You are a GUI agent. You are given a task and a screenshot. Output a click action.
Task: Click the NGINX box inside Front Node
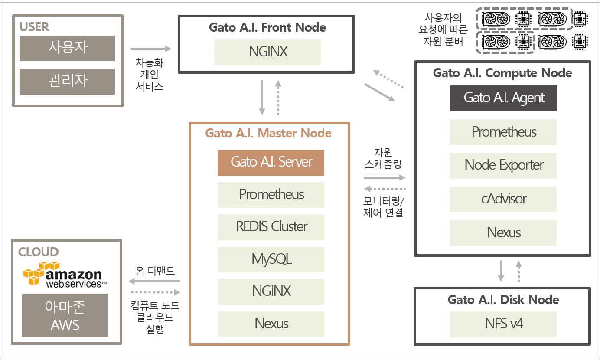(x=267, y=52)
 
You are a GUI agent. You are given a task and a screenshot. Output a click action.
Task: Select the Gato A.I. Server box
(x=271, y=163)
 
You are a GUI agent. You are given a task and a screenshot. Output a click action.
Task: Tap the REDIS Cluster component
(x=271, y=227)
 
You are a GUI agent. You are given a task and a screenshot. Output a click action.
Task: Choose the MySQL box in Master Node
(x=271, y=259)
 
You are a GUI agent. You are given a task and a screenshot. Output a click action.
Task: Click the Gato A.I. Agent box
(x=504, y=98)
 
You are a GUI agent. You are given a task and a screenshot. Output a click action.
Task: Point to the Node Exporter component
(x=503, y=165)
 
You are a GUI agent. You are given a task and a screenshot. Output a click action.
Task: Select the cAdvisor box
(x=503, y=199)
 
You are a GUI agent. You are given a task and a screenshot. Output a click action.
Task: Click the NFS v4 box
(x=503, y=324)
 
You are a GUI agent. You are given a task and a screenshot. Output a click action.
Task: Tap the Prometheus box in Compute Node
(x=503, y=132)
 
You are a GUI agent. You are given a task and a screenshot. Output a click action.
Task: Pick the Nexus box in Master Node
(x=271, y=324)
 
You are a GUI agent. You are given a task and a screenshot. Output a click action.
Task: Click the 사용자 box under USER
(x=67, y=48)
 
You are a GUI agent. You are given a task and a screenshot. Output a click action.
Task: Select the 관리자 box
(x=67, y=82)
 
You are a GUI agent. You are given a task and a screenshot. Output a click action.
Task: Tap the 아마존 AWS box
(x=65, y=315)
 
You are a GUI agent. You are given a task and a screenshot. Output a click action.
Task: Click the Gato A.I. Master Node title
(x=268, y=133)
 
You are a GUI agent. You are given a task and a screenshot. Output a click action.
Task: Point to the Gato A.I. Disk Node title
(x=503, y=300)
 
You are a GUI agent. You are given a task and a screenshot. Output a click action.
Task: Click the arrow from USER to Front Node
(x=151, y=49)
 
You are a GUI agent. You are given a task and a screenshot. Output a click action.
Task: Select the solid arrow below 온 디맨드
(x=154, y=281)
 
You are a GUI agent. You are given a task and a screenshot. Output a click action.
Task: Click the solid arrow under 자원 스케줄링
(x=385, y=177)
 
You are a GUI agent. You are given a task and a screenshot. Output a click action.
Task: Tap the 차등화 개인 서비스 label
(x=150, y=75)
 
